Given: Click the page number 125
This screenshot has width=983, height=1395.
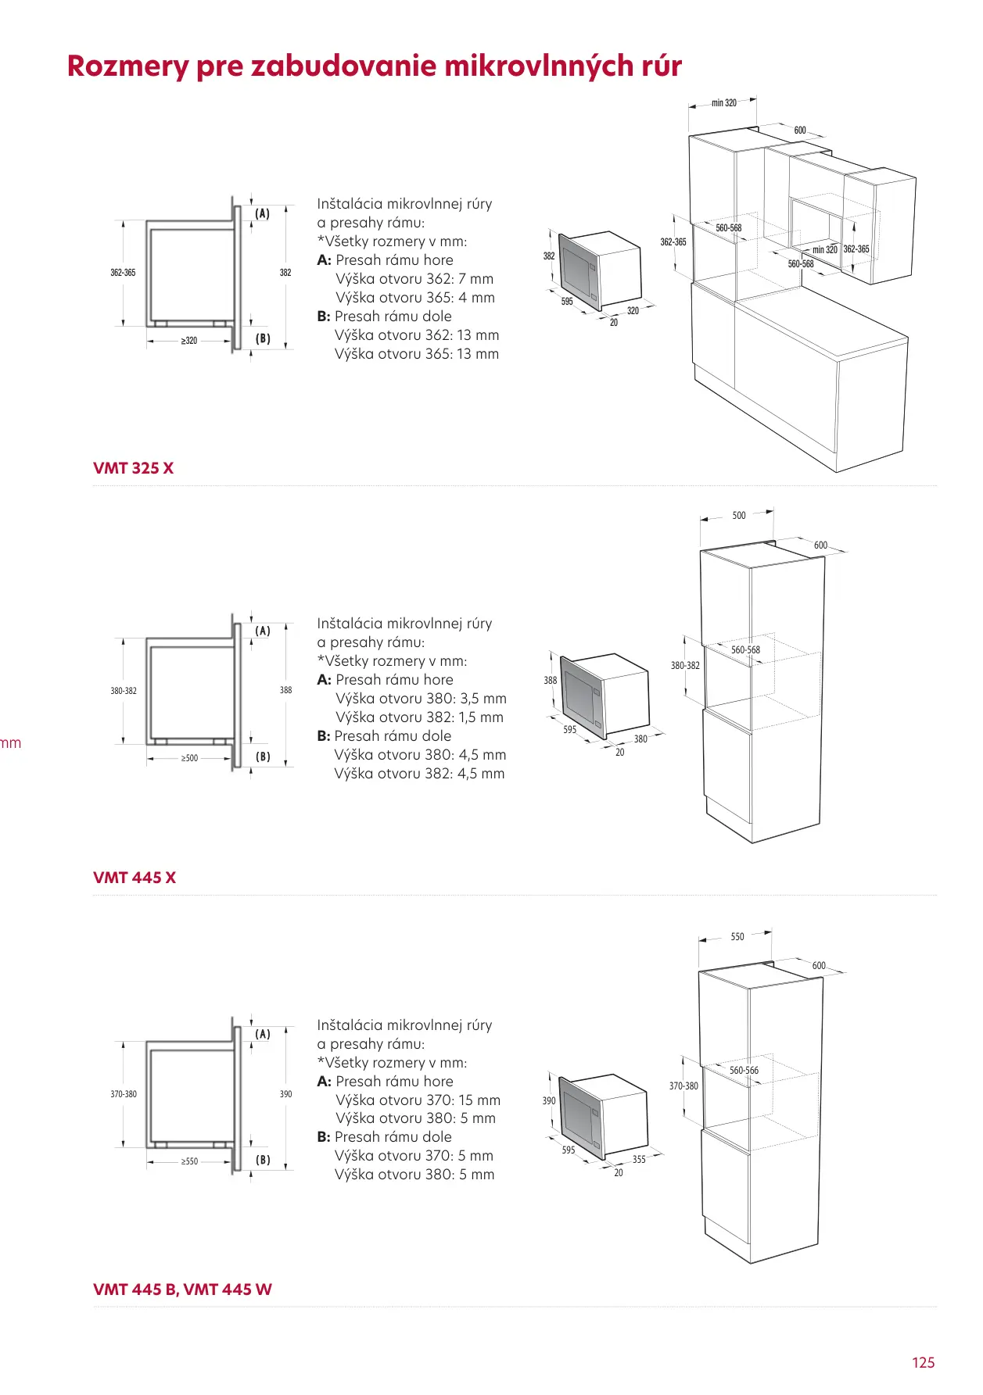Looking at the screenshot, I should click(x=923, y=1362).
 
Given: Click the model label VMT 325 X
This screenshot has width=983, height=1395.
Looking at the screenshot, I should click(x=133, y=468).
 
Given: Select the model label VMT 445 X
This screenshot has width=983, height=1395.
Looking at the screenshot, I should click(x=135, y=878).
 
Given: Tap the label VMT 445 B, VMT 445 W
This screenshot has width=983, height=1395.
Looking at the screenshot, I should click(x=182, y=1289).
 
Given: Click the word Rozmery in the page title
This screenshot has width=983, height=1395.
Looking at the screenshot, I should click(x=127, y=66).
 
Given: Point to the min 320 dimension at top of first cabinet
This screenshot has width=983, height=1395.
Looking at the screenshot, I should click(x=723, y=102).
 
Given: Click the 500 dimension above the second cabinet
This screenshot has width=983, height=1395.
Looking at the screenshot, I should click(x=739, y=516).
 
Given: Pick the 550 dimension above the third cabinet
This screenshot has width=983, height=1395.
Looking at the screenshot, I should click(x=737, y=936).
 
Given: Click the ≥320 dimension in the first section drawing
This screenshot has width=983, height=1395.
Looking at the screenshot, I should click(x=189, y=341).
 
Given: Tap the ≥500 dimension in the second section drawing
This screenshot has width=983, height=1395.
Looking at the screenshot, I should click(x=189, y=758).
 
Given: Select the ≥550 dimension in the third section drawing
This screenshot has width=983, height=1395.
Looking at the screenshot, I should click(x=189, y=1161).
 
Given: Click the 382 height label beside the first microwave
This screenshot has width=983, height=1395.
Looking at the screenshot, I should click(x=549, y=256).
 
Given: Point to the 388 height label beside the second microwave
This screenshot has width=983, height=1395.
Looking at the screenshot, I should click(x=551, y=680).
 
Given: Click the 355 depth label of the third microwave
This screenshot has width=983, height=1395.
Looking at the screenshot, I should click(x=639, y=1159).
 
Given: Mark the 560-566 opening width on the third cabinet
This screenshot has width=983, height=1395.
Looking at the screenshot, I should click(x=744, y=1070).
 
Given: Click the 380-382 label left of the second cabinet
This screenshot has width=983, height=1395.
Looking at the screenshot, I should click(x=685, y=666).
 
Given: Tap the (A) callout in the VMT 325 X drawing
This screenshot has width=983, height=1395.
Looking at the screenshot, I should click(x=263, y=213).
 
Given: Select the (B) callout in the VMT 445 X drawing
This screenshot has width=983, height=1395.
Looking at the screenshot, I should click(x=263, y=757).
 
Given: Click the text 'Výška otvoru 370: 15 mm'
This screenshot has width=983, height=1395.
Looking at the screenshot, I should click(x=418, y=1100).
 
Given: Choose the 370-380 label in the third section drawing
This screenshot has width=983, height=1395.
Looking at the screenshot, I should click(x=124, y=1094).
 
